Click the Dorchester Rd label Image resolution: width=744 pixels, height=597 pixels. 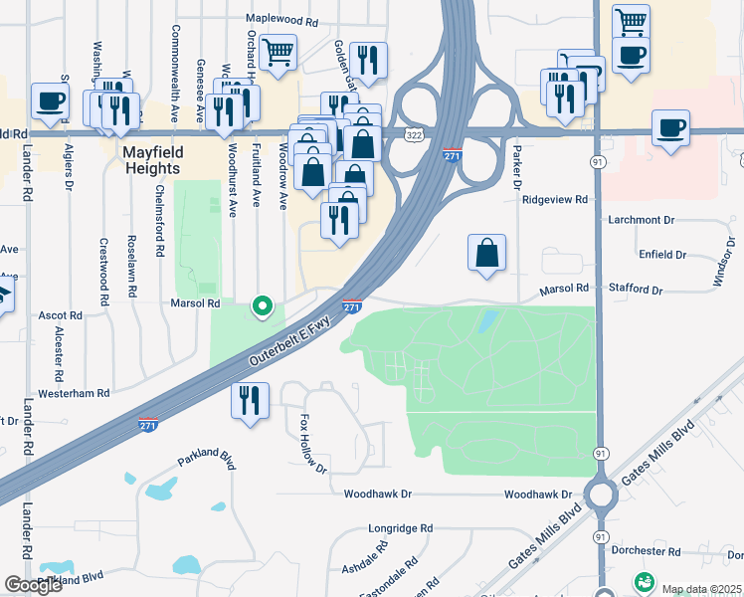click(x=647, y=551)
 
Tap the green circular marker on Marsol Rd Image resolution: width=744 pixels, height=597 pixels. click(x=263, y=306)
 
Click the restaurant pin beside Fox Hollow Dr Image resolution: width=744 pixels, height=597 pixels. click(x=249, y=401)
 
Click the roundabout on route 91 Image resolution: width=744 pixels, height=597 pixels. click(x=600, y=495)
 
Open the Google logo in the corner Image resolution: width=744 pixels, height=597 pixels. click(x=34, y=585)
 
